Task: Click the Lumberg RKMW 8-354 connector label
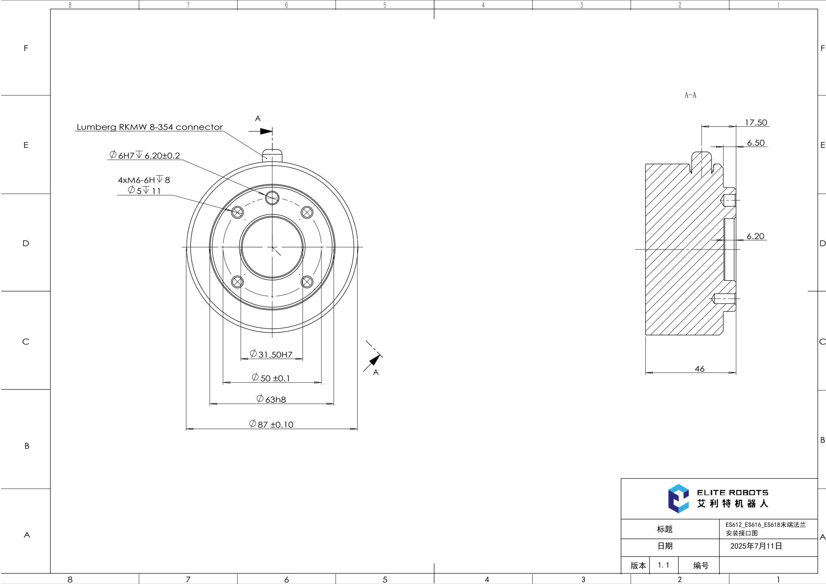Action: (150, 127)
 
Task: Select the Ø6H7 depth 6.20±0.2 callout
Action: (145, 155)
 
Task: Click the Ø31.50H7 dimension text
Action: (271, 354)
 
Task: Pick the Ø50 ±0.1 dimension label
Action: (271, 378)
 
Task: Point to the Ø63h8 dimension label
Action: (271, 399)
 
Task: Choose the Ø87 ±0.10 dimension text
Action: (271, 424)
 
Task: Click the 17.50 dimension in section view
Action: (755, 122)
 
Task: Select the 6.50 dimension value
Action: (755, 143)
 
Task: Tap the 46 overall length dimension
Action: (699, 368)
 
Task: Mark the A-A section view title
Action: (690, 95)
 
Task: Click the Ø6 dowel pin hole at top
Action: (272, 198)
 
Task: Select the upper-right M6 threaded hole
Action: (307, 212)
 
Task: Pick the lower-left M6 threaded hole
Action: (237, 282)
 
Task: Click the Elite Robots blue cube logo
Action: (678, 499)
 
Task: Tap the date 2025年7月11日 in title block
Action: (756, 546)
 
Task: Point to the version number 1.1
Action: (663, 565)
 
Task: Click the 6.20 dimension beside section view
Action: (755, 236)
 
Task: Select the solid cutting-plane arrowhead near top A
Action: (266, 131)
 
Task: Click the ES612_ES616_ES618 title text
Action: (765, 525)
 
